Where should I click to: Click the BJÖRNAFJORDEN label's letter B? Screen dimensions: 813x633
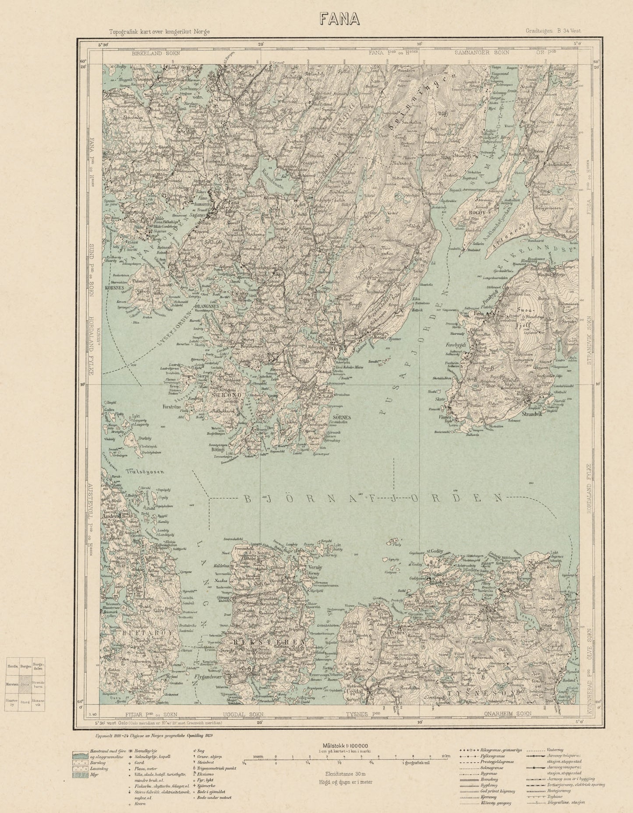tap(246, 498)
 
